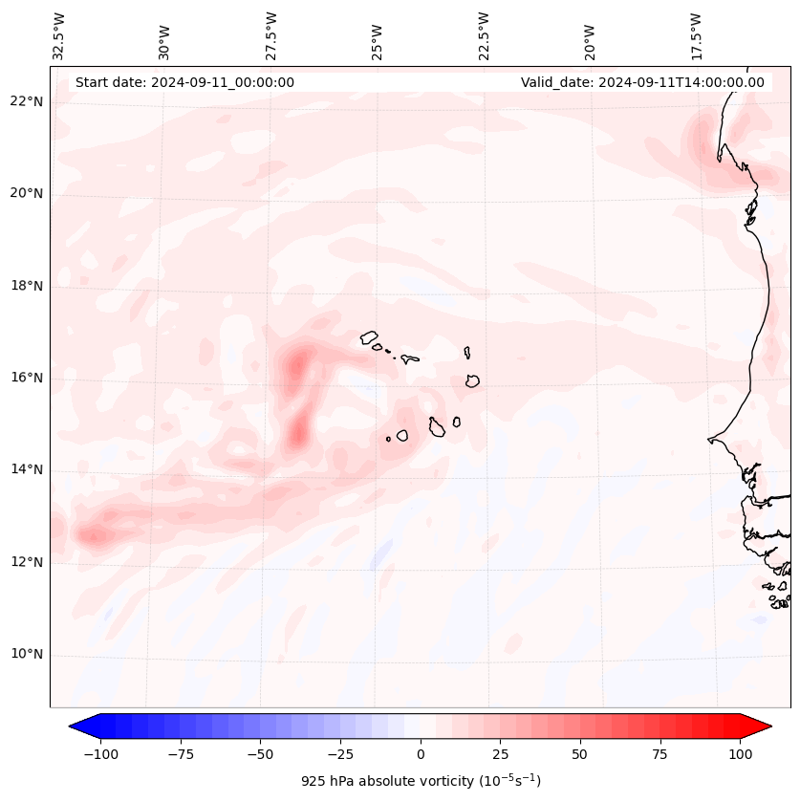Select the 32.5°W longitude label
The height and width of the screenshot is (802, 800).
(59, 35)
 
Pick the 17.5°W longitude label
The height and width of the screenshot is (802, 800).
(697, 35)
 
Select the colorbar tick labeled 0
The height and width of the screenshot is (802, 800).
(421, 754)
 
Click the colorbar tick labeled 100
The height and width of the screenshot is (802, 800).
(740, 754)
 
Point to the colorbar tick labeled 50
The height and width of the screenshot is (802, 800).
(580, 754)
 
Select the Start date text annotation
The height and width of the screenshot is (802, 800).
(184, 82)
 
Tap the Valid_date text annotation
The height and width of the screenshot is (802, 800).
(642, 82)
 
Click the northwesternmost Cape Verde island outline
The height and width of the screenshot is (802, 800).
(369, 336)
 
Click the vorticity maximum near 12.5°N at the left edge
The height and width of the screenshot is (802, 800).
(94, 535)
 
